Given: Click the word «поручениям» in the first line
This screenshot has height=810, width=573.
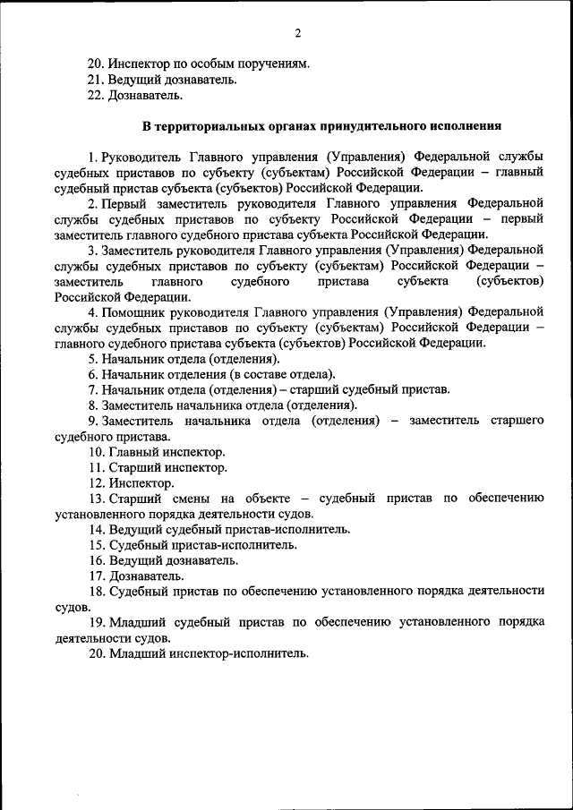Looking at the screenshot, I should click(269, 64).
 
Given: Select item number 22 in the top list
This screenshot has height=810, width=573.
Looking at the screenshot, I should click(96, 95).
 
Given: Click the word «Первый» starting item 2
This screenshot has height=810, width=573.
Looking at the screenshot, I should click(126, 204).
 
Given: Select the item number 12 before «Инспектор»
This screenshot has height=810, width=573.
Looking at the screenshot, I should click(96, 483).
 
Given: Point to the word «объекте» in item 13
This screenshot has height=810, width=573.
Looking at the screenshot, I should click(262, 499).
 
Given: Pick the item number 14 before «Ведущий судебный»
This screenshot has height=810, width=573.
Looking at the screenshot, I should click(96, 529).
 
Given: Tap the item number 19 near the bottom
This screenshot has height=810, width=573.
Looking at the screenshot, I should click(96, 622).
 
